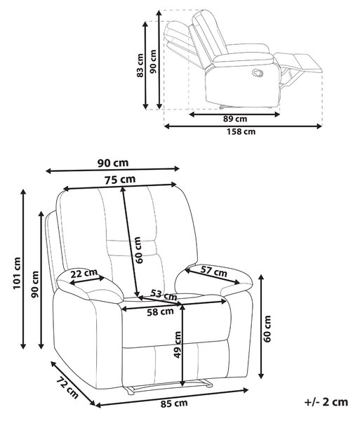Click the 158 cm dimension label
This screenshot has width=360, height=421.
(x=241, y=132)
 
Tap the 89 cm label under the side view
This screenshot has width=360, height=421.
(x=235, y=119)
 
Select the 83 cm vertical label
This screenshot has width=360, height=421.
(x=140, y=65)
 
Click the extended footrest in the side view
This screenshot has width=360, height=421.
(x=298, y=62)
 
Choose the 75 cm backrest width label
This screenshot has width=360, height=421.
(x=120, y=180)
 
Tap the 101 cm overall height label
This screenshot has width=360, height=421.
(x=17, y=273)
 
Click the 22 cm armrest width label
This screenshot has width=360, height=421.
(x=84, y=274)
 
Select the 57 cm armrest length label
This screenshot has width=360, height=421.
(x=214, y=272)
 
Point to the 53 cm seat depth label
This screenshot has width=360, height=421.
(x=164, y=295)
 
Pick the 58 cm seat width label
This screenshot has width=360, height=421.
(x=160, y=312)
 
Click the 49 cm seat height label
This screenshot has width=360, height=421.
(x=178, y=345)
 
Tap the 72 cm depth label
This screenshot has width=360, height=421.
(x=67, y=388)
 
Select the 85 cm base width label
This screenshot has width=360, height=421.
(x=174, y=403)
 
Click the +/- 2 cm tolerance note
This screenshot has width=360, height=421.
(x=326, y=402)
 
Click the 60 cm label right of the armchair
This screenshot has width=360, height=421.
(x=267, y=329)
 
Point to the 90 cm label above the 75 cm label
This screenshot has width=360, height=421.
(x=113, y=163)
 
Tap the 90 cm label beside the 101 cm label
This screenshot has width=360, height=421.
(x=35, y=285)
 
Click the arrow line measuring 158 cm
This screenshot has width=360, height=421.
(x=243, y=126)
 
